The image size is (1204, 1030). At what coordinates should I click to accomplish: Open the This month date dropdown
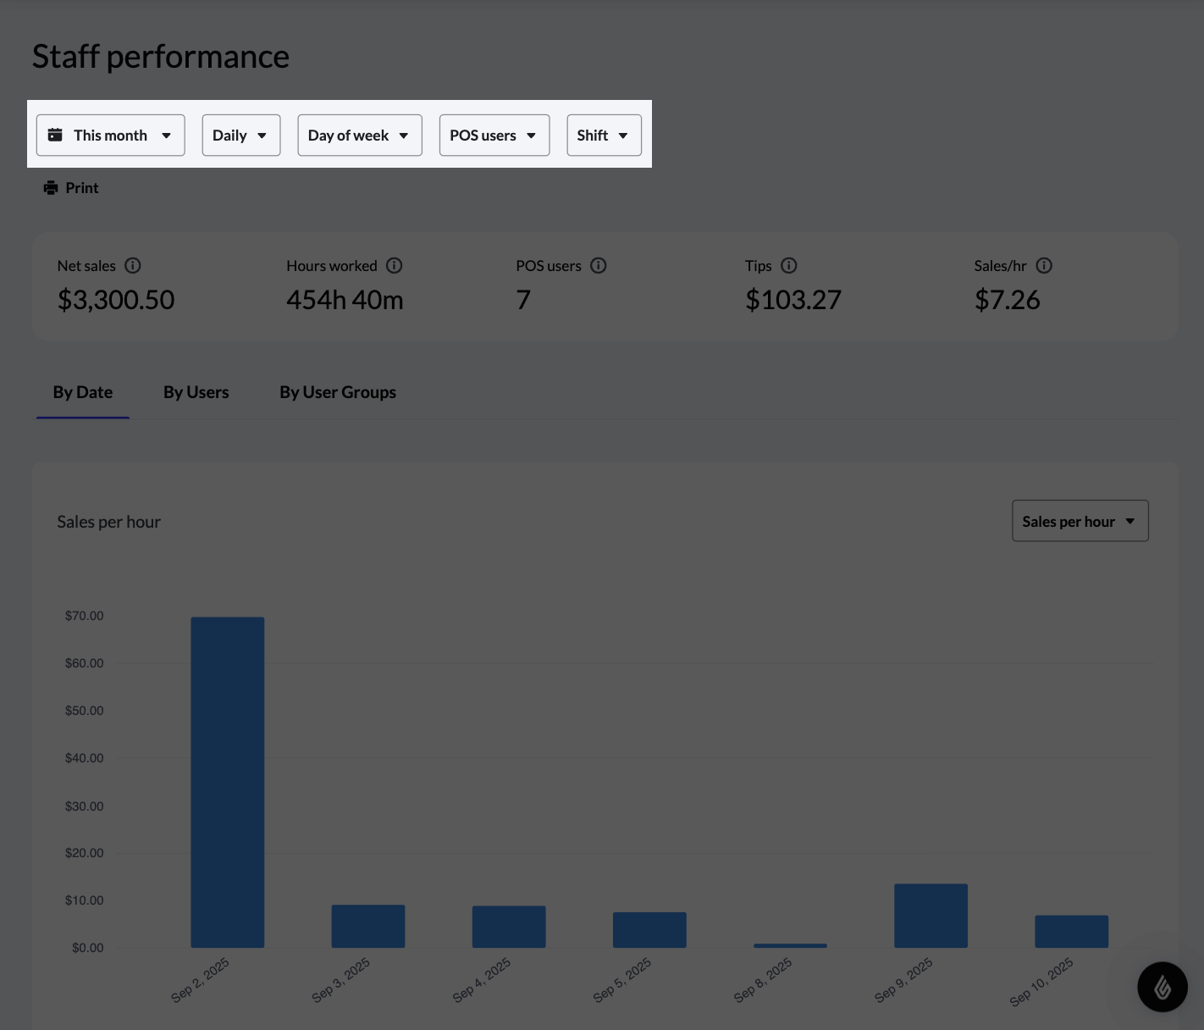[x=110, y=136]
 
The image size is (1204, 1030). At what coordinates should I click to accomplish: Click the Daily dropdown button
[x=240, y=136]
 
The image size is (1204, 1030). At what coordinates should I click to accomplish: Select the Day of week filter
[x=359, y=136]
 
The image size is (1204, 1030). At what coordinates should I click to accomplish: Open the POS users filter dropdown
[x=494, y=136]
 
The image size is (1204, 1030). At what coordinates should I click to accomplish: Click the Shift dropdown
[x=604, y=136]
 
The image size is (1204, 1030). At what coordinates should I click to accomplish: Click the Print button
[x=72, y=188]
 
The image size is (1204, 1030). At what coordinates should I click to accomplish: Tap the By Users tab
[x=196, y=392]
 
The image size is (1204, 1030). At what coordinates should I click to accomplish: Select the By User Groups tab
[x=338, y=392]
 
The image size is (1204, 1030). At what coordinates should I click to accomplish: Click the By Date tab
[x=83, y=392]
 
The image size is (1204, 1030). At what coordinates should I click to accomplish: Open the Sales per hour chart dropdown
[x=1080, y=521]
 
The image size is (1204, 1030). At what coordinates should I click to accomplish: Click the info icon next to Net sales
[x=133, y=266]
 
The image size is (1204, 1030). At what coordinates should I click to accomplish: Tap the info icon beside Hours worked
[x=395, y=266]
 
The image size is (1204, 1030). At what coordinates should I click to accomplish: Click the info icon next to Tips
[x=789, y=266]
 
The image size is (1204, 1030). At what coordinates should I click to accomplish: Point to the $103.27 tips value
[x=793, y=300]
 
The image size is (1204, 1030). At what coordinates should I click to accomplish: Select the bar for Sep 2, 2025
[x=228, y=782]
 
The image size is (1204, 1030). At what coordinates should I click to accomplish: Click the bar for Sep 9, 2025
[x=931, y=916]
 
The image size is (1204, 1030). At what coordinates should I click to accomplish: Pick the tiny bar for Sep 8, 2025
[x=790, y=945]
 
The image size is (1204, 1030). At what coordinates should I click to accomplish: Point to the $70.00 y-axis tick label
[x=85, y=616]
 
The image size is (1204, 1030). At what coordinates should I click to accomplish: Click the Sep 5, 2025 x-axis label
[x=622, y=980]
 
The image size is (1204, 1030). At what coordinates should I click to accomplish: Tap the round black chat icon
[x=1162, y=986]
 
